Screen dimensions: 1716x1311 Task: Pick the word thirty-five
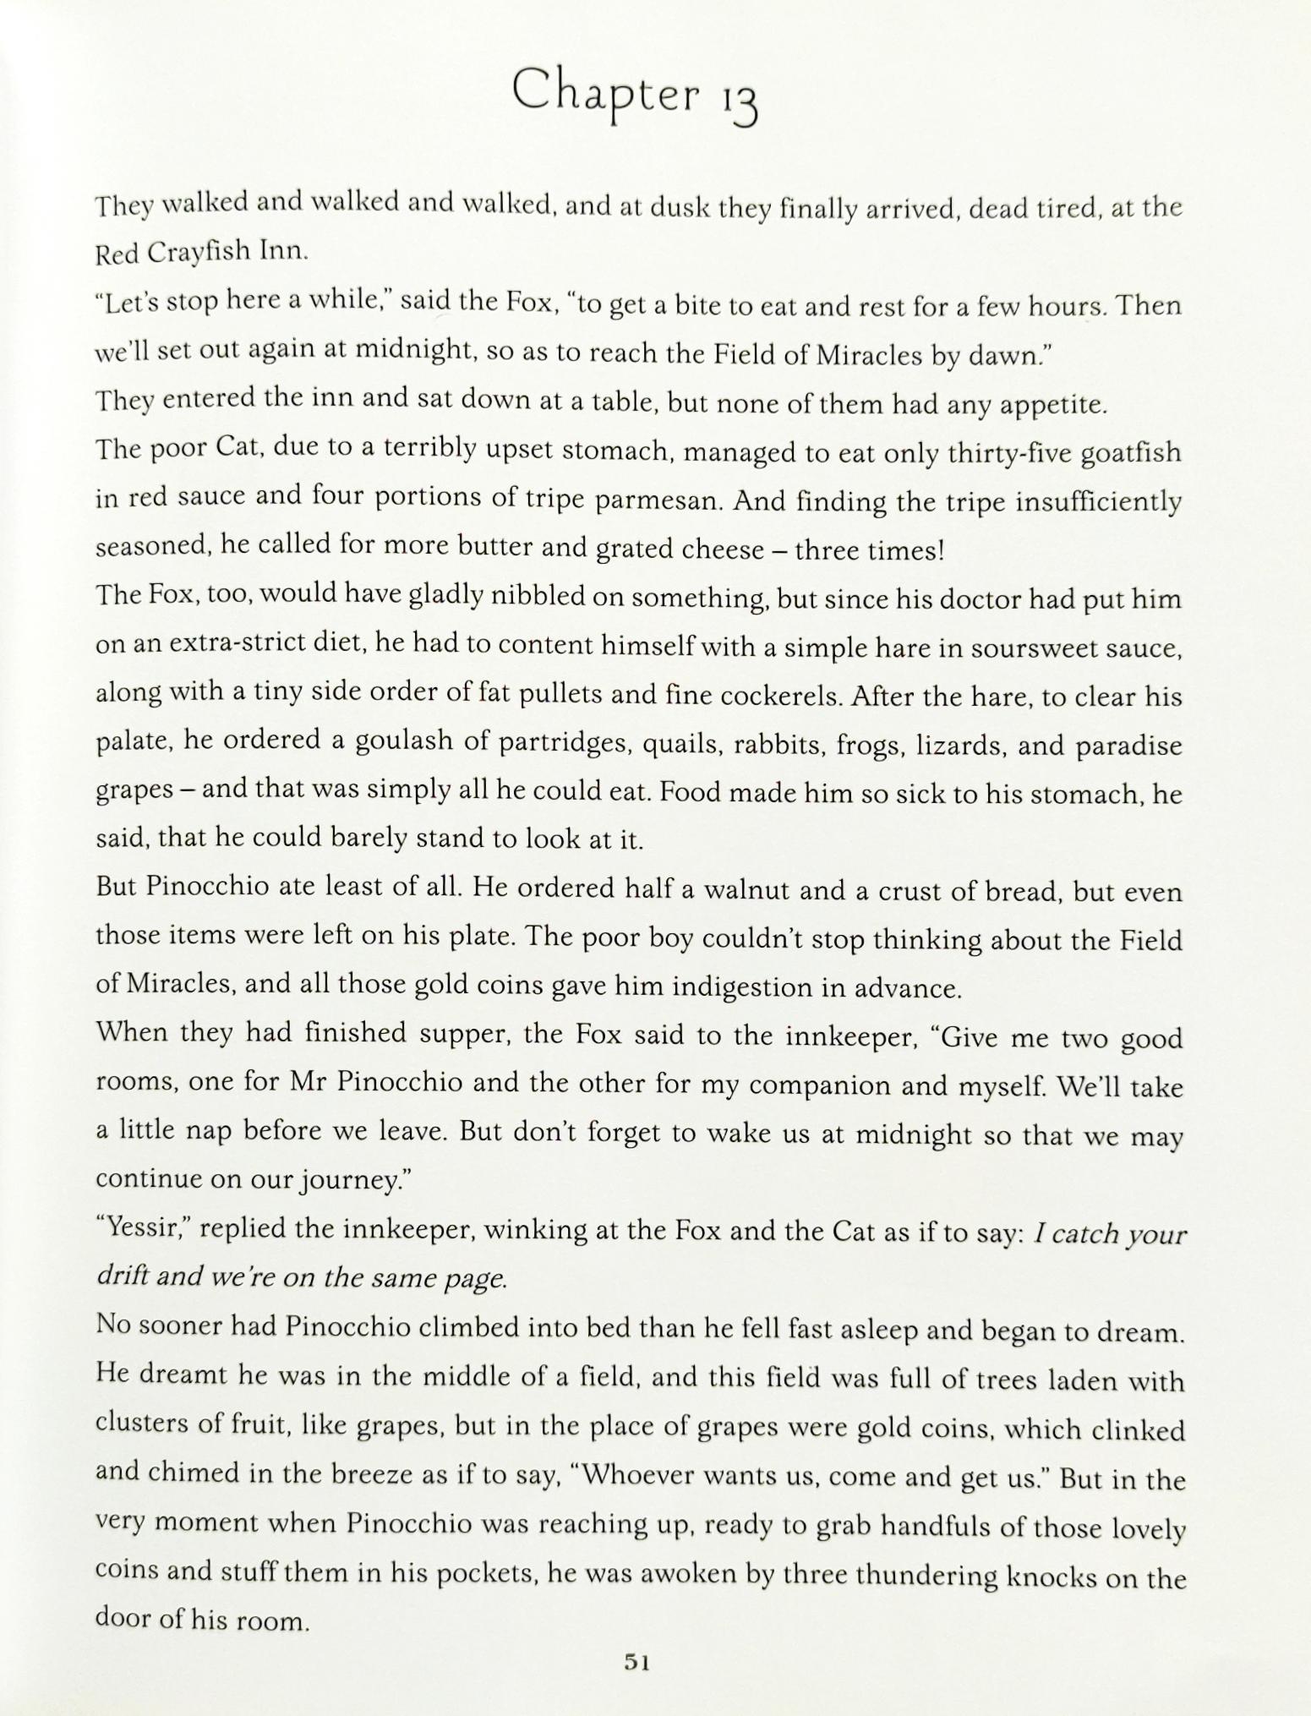click(x=1011, y=454)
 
